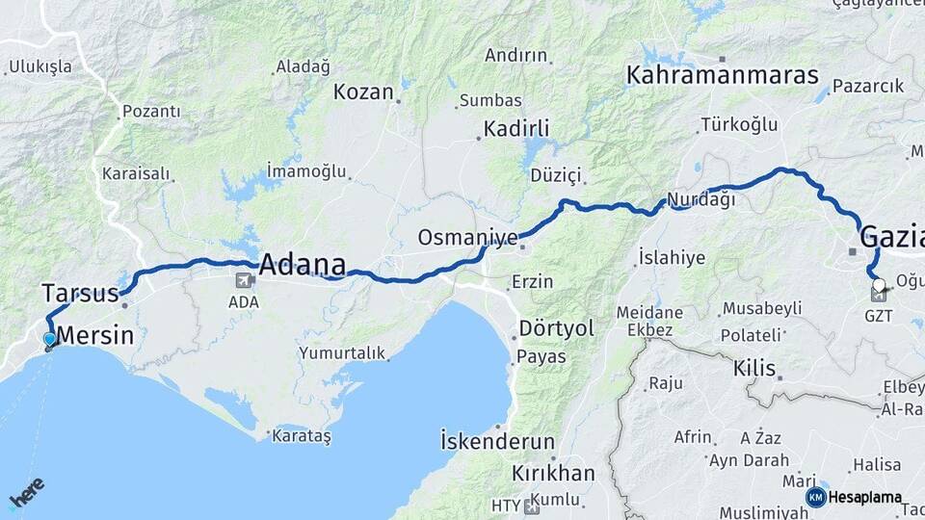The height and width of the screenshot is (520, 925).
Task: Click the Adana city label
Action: (303, 263)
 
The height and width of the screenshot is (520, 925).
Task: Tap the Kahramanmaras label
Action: (722, 74)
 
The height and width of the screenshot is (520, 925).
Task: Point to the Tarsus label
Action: (80, 292)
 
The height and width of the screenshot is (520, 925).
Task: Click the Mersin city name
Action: (95, 335)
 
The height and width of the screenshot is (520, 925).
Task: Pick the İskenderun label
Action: (497, 442)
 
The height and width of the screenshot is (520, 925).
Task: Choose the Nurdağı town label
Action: (700, 200)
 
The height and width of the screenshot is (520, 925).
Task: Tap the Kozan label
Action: (363, 92)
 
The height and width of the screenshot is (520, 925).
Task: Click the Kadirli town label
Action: (516, 129)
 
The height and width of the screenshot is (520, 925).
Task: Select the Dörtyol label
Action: (557, 328)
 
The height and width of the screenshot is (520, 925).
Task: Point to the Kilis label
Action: (754, 368)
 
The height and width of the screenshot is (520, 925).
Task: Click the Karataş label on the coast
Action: (301, 436)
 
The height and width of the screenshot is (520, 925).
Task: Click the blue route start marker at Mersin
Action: (49, 338)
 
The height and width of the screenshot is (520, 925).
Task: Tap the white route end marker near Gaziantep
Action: (878, 284)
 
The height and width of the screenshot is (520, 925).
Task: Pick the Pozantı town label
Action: (151, 112)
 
